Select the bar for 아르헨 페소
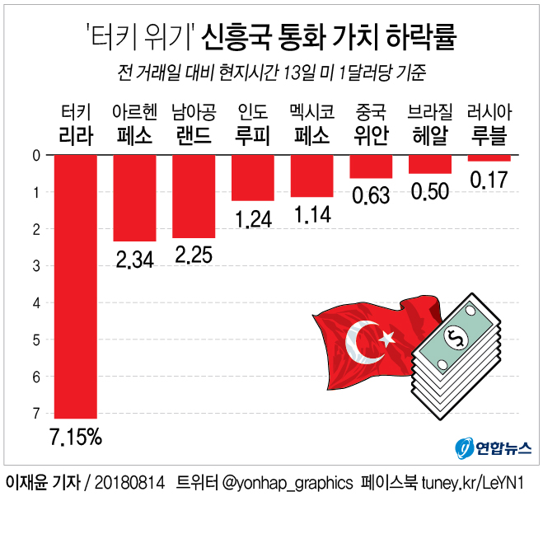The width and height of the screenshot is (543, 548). tap(134, 198)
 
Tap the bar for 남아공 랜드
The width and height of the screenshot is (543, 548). tap(194, 196)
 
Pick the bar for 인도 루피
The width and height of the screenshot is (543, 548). tap(253, 178)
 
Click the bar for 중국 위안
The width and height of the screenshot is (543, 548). tap(371, 166)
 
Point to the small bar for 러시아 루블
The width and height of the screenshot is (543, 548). tap(489, 158)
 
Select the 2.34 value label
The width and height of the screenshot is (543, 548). tap(134, 260)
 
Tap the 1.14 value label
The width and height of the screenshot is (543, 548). tap(311, 216)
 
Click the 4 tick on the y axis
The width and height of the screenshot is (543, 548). tap(35, 302)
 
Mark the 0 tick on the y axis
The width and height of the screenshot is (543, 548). tap(35, 155)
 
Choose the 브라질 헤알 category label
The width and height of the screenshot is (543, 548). tap(430, 124)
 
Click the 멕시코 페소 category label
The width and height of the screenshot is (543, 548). tap(311, 124)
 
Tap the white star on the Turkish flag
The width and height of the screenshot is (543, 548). tap(386, 337)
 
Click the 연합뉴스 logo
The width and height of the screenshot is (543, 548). tap(493, 447)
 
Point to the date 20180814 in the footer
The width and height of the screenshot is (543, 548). tap(130, 482)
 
